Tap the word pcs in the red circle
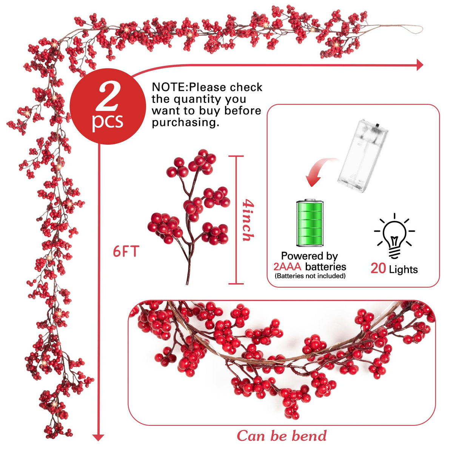108,122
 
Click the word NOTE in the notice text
169,88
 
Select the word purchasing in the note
185,122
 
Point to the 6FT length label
126,251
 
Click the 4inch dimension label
248,220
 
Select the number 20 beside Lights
378,268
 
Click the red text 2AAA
287,267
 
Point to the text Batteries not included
310,276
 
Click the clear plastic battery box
362,156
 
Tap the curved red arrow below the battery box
320,170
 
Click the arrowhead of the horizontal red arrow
420,65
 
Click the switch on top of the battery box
378,125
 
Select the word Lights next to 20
403,270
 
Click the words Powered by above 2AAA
310,256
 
